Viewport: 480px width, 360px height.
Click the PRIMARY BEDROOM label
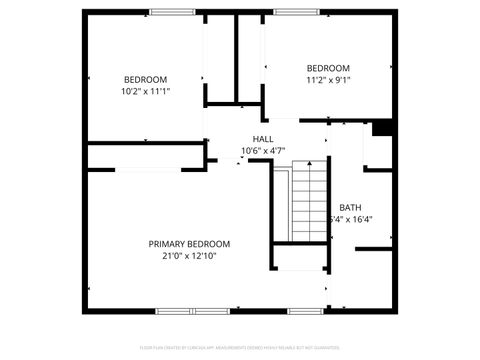tap(189, 244)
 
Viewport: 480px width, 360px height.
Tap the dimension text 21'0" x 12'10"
tap(189, 256)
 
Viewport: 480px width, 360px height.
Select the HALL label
tap(263, 139)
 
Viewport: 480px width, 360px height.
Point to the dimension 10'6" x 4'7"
tap(263, 151)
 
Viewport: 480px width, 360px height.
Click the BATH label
tap(350, 207)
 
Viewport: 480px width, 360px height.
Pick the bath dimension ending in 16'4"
tap(349, 220)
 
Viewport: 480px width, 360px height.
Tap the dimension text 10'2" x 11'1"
tap(145, 91)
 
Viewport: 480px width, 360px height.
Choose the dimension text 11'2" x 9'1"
tap(328, 80)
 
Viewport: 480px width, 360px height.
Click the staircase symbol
tap(309, 204)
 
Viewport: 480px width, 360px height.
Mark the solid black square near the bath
tap(380, 127)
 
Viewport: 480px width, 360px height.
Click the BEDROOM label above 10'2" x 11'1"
tap(145, 79)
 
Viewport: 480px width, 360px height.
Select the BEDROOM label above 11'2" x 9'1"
tap(328, 68)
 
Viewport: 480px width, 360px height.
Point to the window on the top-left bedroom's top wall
tap(172, 12)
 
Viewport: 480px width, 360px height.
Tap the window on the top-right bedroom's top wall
tap(289, 12)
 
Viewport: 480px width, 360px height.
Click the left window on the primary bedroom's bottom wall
tap(184, 310)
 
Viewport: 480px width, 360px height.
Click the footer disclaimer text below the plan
tap(239, 348)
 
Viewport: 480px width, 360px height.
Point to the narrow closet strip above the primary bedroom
tap(145, 155)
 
